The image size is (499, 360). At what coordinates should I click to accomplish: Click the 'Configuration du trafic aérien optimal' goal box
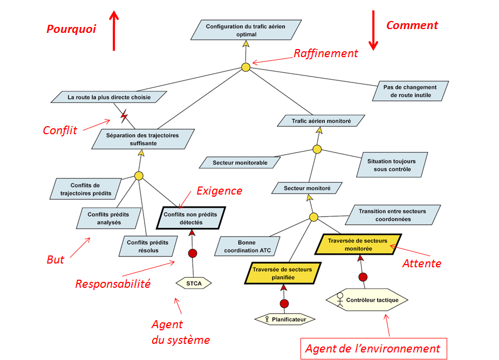(x=246, y=30)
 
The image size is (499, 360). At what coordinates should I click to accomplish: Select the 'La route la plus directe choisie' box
(x=109, y=98)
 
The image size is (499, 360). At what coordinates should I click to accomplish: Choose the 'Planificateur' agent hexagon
(x=285, y=319)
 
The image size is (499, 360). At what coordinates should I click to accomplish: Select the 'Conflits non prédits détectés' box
(x=191, y=218)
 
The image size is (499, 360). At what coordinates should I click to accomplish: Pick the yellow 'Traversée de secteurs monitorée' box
(x=358, y=245)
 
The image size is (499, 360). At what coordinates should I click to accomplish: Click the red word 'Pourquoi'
(x=71, y=30)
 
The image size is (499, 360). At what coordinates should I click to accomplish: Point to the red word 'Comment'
(x=412, y=25)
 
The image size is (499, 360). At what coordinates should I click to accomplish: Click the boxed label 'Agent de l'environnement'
(x=373, y=348)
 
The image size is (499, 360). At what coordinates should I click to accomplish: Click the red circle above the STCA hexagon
(x=192, y=253)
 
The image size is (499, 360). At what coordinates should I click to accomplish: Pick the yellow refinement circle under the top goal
(x=246, y=67)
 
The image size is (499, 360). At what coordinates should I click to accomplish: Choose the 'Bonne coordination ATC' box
(x=247, y=246)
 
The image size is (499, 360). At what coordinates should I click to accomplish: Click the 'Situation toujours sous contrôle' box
(x=392, y=165)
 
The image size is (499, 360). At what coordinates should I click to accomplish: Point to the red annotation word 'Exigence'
(x=219, y=191)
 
